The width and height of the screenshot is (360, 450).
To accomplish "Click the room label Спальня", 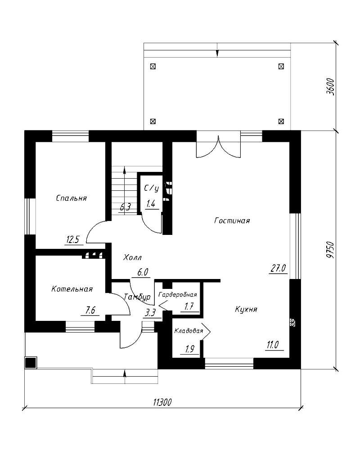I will tap(71, 198).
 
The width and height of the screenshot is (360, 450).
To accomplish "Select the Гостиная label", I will tap(232, 220).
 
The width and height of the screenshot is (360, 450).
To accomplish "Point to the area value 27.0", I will tap(278, 269).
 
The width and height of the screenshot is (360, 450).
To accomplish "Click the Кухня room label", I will tap(246, 310).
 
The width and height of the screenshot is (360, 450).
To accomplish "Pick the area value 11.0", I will tap(273, 345).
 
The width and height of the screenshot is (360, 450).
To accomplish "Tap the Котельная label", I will tap(72, 289).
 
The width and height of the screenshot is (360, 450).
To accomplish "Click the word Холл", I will tap(132, 258).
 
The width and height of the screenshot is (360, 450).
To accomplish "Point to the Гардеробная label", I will tap(178, 295).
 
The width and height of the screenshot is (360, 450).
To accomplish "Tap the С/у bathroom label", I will tap(151, 188).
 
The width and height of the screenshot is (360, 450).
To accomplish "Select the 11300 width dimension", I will tap(162, 402).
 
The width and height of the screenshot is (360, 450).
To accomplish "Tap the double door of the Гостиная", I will tap(218, 146).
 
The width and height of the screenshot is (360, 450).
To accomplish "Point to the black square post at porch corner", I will tap(31, 363).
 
